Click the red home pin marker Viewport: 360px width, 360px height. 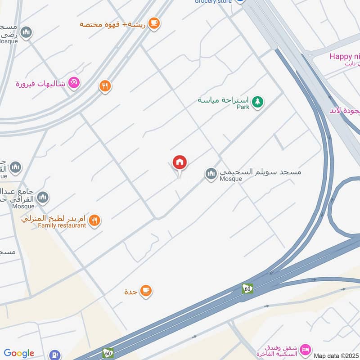180,162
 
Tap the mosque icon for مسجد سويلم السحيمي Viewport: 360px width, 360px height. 211,173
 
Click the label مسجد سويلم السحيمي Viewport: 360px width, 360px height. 260,172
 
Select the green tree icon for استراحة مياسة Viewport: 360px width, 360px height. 257,102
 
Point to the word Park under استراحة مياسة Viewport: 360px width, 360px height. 243,108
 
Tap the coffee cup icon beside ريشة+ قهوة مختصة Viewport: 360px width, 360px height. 154,23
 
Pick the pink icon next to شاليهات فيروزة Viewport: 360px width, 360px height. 74,83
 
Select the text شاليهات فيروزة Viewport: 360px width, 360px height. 41,84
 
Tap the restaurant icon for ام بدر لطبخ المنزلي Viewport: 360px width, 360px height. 94,220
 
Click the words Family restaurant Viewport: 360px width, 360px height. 62,225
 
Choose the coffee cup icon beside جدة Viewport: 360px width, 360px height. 145,291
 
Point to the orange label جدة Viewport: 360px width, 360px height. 131,292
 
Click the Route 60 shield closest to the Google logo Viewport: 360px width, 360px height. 108,352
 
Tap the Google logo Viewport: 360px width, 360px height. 19,353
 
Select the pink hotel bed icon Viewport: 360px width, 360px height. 306,349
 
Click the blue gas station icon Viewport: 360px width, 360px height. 55,355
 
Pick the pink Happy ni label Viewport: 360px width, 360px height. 344,56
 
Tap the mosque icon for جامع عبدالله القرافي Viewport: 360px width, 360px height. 43,197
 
